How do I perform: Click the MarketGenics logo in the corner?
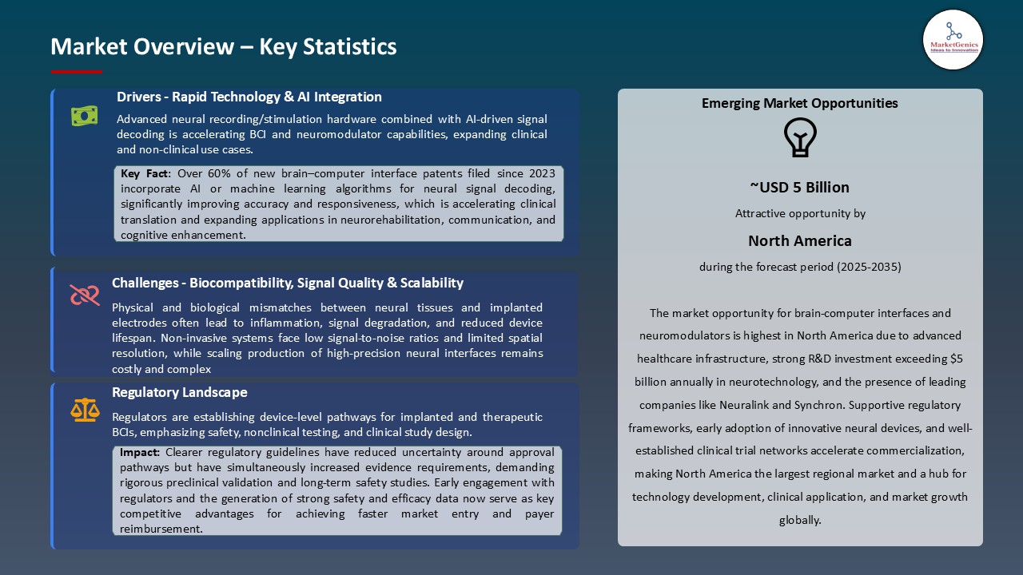coord(953,39)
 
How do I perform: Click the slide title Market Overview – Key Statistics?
coord(223,46)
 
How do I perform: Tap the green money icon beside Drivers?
coord(84,117)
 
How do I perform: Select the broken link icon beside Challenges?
coord(84,295)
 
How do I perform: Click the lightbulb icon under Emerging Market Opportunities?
coord(800,137)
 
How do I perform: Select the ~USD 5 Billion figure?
coord(799,187)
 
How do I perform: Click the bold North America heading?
coord(799,240)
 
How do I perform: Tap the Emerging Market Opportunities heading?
coord(799,103)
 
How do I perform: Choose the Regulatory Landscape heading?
coord(179,392)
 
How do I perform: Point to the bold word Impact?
coord(140,452)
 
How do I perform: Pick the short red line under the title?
coord(77,72)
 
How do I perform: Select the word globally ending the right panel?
coord(799,520)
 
